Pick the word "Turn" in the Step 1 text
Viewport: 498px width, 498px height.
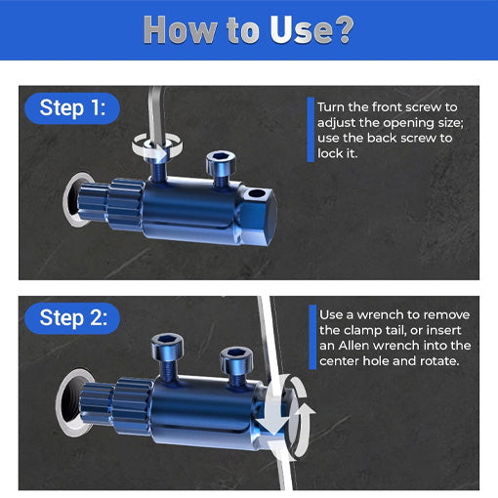click(333, 105)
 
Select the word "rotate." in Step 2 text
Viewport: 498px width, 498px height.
click(448, 361)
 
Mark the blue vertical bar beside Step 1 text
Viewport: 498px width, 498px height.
click(311, 130)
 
